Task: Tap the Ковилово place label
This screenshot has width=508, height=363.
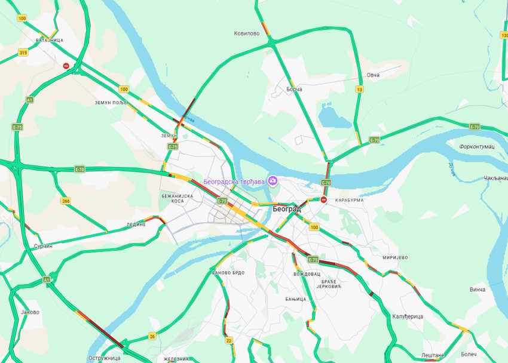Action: (x=246, y=33)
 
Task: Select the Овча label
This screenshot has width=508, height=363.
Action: (x=373, y=75)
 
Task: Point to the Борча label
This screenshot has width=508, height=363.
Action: (x=294, y=89)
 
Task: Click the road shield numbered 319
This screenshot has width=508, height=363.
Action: (x=23, y=53)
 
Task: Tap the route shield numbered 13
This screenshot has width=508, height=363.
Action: (x=359, y=90)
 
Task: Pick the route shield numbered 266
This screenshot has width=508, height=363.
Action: (x=66, y=201)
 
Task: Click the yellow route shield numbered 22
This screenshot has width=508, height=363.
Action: (x=229, y=341)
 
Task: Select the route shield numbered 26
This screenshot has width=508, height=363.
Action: (x=152, y=336)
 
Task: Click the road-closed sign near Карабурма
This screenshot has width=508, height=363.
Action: (x=324, y=200)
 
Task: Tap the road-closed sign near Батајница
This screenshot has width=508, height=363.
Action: (x=66, y=66)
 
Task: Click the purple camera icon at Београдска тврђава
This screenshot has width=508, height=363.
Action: (x=273, y=180)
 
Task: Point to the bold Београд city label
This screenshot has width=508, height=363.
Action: (x=287, y=210)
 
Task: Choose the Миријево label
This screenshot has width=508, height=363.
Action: (x=394, y=257)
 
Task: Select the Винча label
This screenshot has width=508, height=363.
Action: (x=478, y=290)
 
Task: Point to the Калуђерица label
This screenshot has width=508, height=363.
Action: (x=408, y=316)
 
